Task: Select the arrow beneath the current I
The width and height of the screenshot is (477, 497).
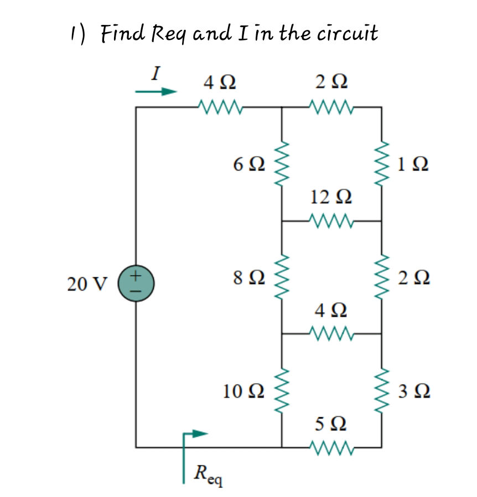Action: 156,92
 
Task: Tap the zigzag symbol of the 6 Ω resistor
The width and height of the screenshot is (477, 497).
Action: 282,164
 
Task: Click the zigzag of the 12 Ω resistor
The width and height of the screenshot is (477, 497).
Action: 331,221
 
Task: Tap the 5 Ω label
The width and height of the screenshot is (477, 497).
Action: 331,424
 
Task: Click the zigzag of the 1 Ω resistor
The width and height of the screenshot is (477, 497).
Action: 381,164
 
